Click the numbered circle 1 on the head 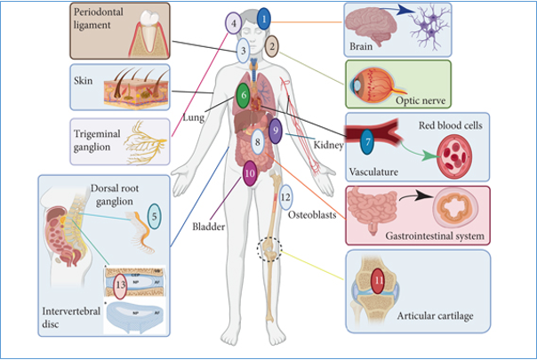click(x=264, y=17)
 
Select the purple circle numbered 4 click(x=234, y=24)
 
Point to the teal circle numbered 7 click(x=367, y=140)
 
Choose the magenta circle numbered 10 click(x=250, y=174)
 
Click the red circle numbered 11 click(x=378, y=284)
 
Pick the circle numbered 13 click(x=121, y=286)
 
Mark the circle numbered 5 click(x=154, y=215)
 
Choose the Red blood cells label click(x=451, y=126)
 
